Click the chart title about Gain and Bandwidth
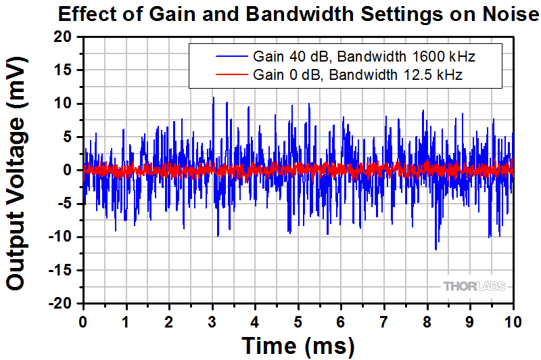(298, 14)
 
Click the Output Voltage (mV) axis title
(16, 174)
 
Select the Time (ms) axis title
(298, 346)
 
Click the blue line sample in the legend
(232, 56)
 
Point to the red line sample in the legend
(232, 74)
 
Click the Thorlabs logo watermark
(475, 286)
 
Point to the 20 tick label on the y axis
(63, 37)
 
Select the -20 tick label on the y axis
(60, 303)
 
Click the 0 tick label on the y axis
(67, 170)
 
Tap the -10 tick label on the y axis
(60, 237)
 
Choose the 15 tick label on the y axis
(63, 70)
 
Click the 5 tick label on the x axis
(298, 322)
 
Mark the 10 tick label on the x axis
(513, 322)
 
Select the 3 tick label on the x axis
(212, 322)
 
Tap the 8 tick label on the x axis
(427, 322)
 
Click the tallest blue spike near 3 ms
(214, 97)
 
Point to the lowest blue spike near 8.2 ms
(436, 250)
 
